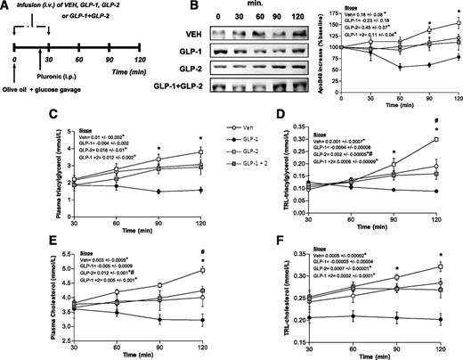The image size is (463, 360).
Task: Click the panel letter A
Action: click(x=7, y=8)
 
